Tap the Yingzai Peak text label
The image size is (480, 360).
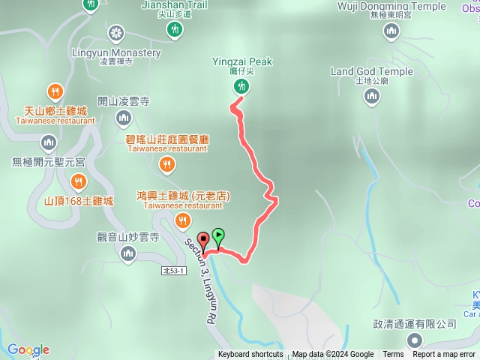(241, 61)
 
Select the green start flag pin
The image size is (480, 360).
(217, 236)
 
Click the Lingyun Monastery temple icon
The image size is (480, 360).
(115, 33)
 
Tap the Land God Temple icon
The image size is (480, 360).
(372, 96)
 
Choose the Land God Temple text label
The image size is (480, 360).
(372, 72)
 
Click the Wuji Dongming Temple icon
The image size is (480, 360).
(391, 31)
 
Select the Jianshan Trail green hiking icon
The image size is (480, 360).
(174, 29)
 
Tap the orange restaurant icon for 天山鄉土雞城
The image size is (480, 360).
(55, 91)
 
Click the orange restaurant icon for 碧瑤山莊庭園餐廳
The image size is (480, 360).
(167, 164)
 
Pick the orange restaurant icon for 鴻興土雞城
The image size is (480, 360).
(182, 220)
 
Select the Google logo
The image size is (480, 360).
(28, 349)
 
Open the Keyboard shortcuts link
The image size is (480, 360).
(250, 355)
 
